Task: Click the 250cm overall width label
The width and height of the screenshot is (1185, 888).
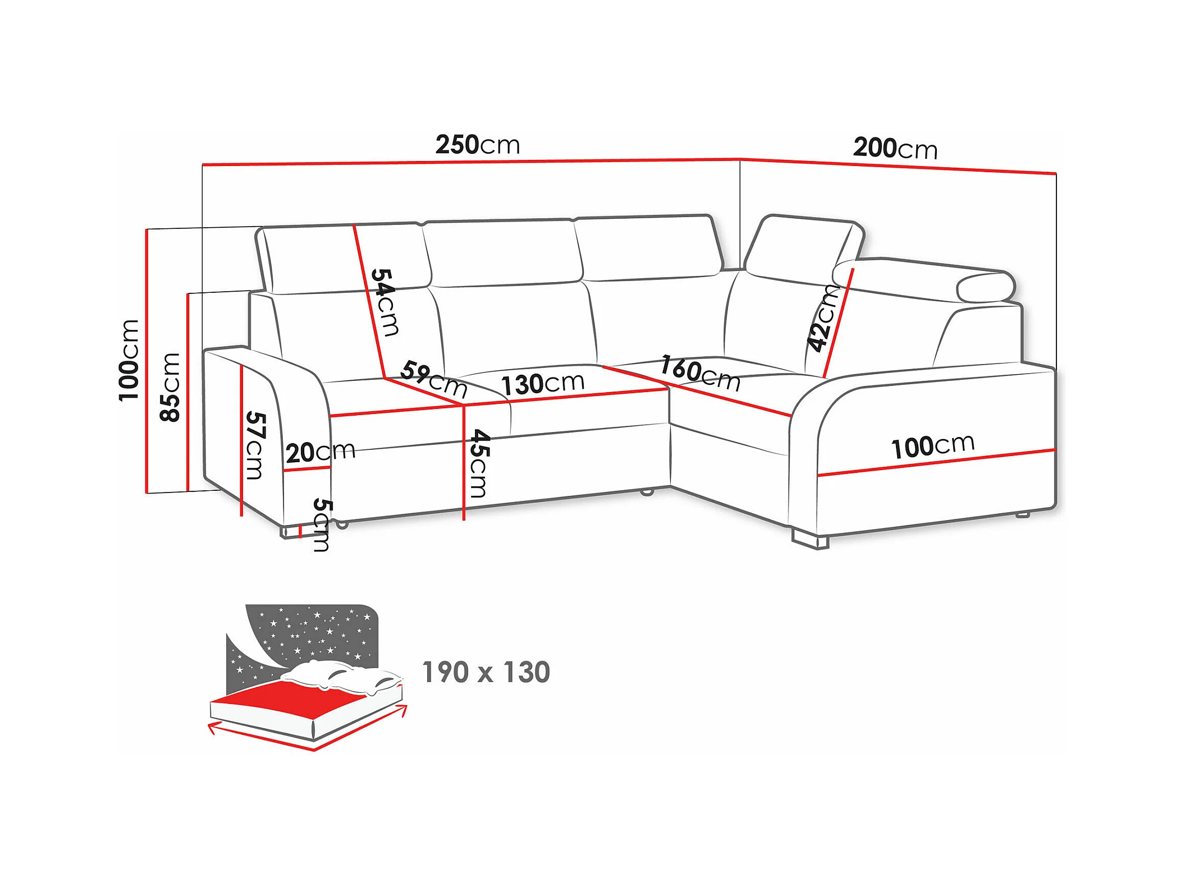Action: pyautogui.click(x=478, y=145)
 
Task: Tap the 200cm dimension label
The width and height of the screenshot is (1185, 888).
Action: pyautogui.click(x=895, y=149)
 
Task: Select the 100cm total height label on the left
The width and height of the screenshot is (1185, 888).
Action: pyautogui.click(x=129, y=360)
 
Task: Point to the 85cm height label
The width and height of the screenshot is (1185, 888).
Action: pyautogui.click(x=170, y=387)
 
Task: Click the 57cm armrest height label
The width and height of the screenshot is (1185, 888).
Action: pyautogui.click(x=255, y=445)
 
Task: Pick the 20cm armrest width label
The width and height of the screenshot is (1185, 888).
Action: pyautogui.click(x=321, y=452)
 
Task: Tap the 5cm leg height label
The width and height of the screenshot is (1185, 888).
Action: pyautogui.click(x=322, y=524)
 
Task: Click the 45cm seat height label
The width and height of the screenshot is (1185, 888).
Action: pyautogui.click(x=479, y=463)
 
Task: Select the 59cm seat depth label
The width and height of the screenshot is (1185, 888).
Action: pyautogui.click(x=434, y=380)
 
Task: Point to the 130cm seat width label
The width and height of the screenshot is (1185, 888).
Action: pyautogui.click(x=542, y=384)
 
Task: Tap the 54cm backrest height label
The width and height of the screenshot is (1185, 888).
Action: pyautogui.click(x=385, y=302)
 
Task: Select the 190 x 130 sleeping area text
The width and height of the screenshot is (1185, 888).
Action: pyautogui.click(x=486, y=672)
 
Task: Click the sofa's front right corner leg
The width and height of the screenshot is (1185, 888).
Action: pyautogui.click(x=810, y=540)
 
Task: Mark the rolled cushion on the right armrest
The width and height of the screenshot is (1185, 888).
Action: pyautogui.click(x=986, y=287)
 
